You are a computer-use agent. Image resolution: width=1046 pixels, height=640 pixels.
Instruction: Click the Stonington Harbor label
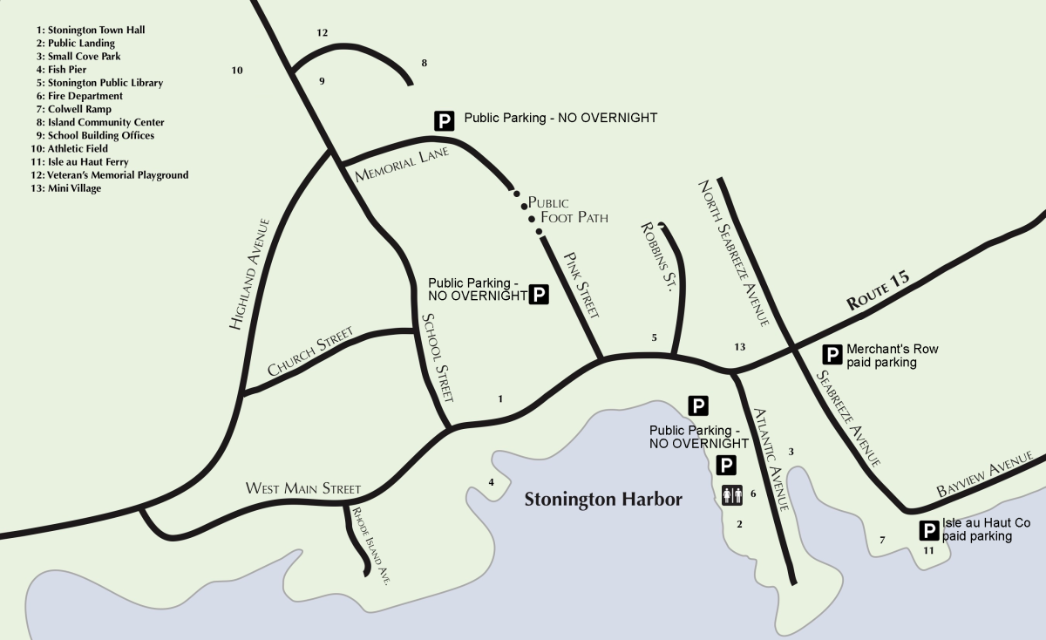click(x=603, y=500)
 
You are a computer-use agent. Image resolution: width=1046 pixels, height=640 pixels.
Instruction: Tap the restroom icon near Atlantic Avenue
click(x=732, y=495)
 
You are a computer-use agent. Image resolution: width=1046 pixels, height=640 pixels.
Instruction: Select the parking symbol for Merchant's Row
click(x=832, y=354)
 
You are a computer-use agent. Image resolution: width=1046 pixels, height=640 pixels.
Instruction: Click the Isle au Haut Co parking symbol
click(x=929, y=529)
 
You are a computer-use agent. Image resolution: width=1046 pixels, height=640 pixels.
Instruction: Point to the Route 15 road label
click(x=879, y=291)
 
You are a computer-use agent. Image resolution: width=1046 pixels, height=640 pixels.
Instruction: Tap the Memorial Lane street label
click(x=402, y=164)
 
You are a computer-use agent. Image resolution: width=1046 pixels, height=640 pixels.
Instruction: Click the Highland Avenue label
click(x=251, y=274)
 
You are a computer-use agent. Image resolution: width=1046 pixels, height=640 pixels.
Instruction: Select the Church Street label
click(x=310, y=351)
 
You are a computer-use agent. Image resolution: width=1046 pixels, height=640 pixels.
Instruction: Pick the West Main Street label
click(x=302, y=488)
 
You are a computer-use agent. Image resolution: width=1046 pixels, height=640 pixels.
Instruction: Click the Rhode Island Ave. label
click(x=370, y=544)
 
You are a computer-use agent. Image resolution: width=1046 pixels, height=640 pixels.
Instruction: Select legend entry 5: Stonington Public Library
click(x=100, y=83)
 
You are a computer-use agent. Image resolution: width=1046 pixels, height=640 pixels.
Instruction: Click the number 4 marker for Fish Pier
click(x=492, y=482)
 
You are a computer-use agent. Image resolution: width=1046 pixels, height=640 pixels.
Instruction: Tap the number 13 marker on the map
click(x=739, y=347)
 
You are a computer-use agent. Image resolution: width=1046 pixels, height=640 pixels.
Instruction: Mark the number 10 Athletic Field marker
click(x=237, y=70)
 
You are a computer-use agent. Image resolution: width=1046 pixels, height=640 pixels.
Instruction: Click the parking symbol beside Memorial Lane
click(x=445, y=120)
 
